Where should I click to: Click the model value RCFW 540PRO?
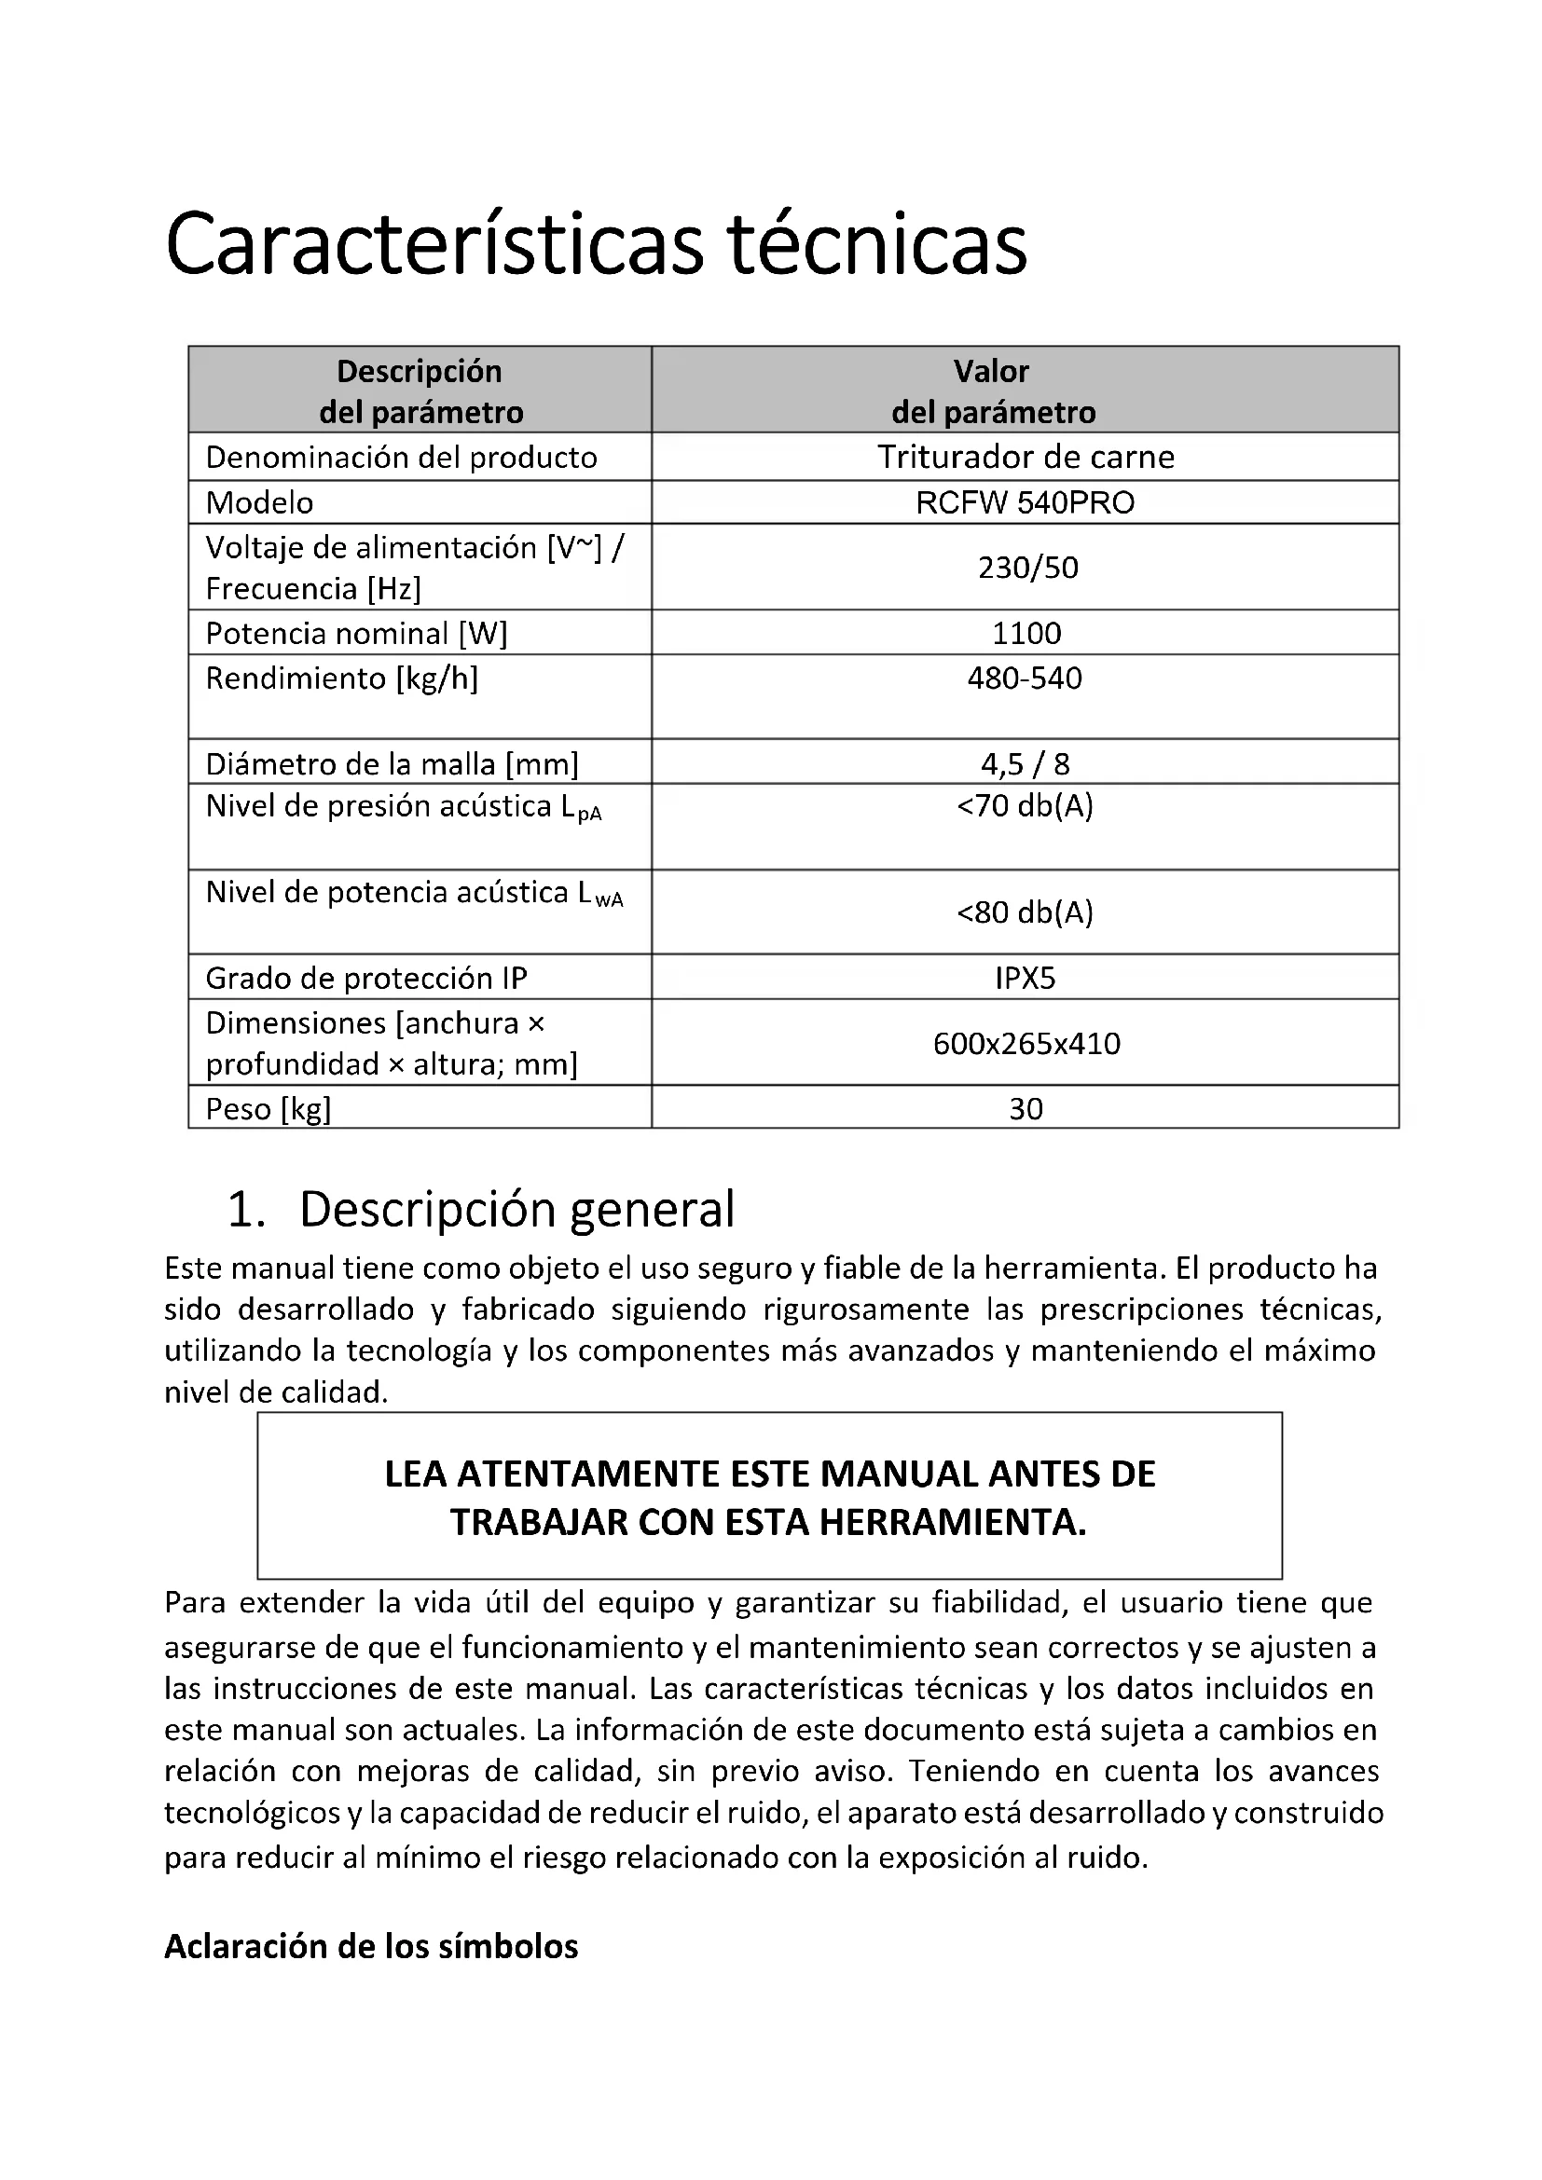(x=1025, y=502)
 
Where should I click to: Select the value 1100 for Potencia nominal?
(x=1026, y=632)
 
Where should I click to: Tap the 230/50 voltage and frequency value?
(x=1027, y=567)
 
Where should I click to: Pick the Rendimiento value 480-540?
(x=1025, y=678)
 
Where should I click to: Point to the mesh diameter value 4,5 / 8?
(x=1025, y=763)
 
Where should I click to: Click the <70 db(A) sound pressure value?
(x=1025, y=806)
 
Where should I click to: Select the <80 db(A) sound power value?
(x=1025, y=912)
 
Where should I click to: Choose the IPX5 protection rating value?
(x=1025, y=978)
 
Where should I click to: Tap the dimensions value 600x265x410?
(x=1026, y=1044)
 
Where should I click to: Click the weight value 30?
(x=1026, y=1108)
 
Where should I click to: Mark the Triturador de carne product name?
(x=1026, y=457)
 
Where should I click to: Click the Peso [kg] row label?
(x=268, y=1108)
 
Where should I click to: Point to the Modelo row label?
(x=259, y=502)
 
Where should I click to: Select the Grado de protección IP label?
(x=366, y=978)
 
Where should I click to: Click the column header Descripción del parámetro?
(x=420, y=391)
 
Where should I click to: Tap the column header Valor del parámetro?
(x=992, y=391)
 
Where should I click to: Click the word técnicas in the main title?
(x=877, y=244)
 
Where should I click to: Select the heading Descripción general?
(x=516, y=1209)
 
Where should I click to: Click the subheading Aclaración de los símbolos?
(x=371, y=1946)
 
